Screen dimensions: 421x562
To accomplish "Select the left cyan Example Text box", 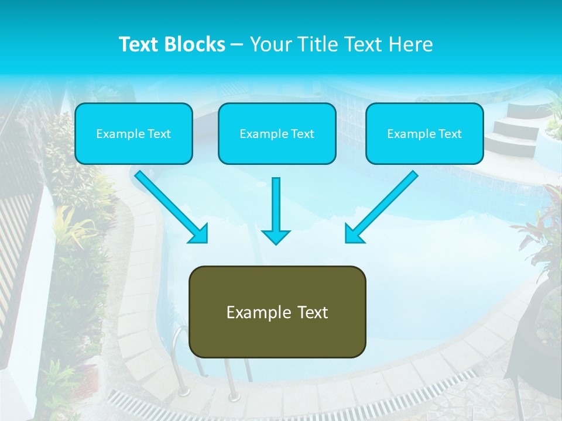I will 133,133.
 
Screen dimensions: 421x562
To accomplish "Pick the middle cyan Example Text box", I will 277,133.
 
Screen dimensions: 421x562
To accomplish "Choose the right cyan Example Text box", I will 424,133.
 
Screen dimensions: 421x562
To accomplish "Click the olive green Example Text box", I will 277,312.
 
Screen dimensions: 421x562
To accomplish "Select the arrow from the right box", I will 381,206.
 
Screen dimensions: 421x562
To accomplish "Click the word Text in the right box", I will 450,134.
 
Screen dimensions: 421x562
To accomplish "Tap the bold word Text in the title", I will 140,44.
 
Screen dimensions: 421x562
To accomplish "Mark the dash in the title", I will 237,44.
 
